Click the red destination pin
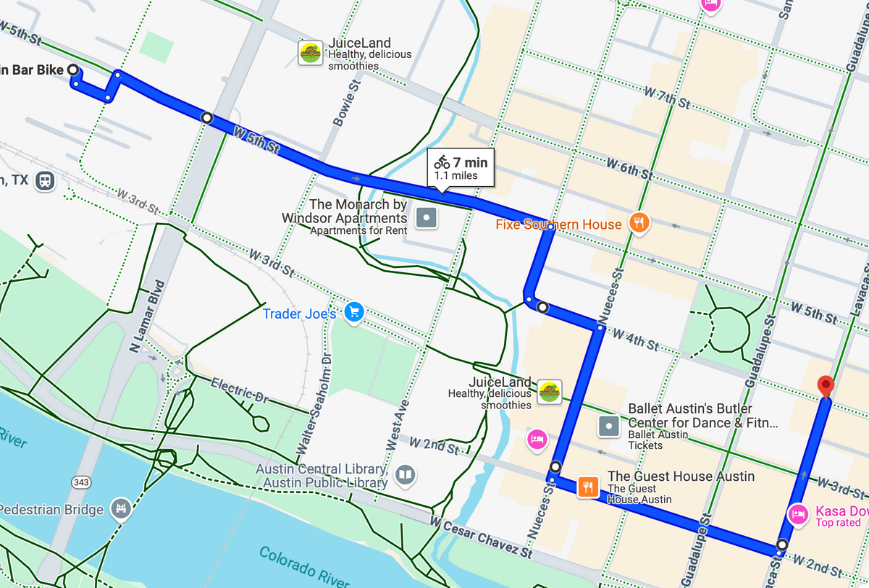[825, 387]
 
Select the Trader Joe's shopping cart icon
[353, 312]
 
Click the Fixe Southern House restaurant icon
[638, 223]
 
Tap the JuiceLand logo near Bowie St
[311, 54]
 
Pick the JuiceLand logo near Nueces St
[550, 392]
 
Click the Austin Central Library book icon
[406, 475]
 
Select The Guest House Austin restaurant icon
[587, 487]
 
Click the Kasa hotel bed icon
[797, 514]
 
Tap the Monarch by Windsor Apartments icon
[427, 217]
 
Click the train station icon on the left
[45, 180]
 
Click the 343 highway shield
[81, 482]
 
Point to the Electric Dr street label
[239, 389]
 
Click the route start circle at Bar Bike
[73, 70]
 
